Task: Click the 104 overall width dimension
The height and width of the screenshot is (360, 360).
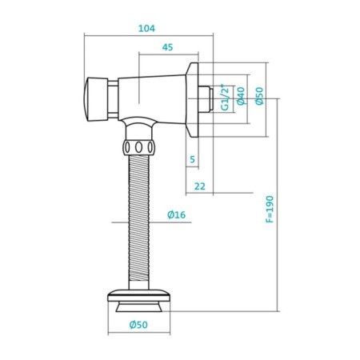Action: (x=146, y=28)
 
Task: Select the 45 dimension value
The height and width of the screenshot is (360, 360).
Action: (x=167, y=47)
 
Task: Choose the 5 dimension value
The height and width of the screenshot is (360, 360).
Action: (x=192, y=160)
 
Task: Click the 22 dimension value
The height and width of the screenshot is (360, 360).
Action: (x=199, y=186)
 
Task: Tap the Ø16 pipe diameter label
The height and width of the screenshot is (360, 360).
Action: (x=177, y=214)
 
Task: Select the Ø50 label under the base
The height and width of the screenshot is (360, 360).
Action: (x=139, y=325)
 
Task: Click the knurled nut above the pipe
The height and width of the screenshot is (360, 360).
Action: (x=141, y=147)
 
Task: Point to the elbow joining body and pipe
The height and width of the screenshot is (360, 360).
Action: (x=141, y=126)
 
